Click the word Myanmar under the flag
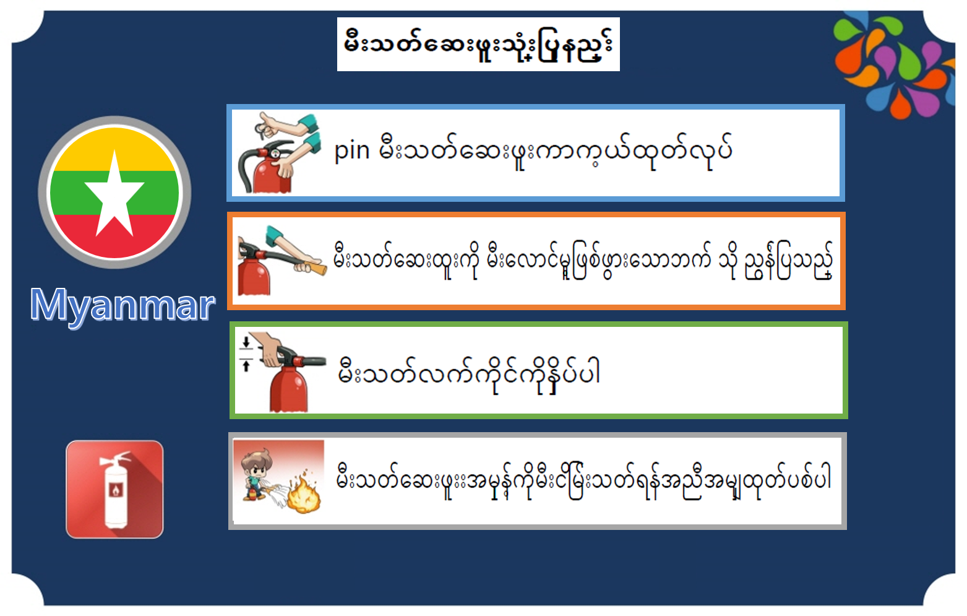coord(122,306)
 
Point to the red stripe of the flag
coord(114,235)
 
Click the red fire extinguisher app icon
coord(114,489)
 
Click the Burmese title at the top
coord(478,45)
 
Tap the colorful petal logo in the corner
coord(896,65)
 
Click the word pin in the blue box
coord(352,151)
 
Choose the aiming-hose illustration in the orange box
coord(282,260)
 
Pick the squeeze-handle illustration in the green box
coord(283,371)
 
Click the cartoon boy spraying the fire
coord(259,475)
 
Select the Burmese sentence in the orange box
coord(583,260)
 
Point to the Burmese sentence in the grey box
coord(583,480)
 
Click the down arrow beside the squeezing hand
coord(246,343)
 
